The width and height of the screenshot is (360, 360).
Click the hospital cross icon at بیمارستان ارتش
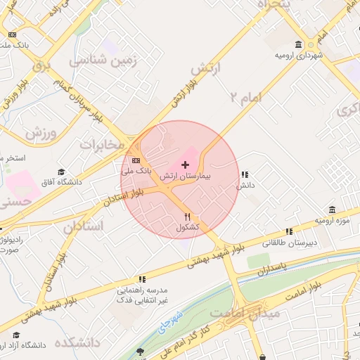[185, 165]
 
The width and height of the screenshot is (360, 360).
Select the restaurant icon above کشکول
[187, 217]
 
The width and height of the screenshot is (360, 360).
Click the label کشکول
[187, 229]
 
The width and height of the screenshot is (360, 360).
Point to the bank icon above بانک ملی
[136, 160]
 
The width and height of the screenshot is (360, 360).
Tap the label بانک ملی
[136, 171]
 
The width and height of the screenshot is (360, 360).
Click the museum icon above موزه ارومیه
[332, 210]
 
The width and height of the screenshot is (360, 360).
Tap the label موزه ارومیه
[331, 221]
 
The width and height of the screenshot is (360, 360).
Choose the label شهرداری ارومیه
[298, 55]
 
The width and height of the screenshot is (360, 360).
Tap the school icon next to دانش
[244, 174]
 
